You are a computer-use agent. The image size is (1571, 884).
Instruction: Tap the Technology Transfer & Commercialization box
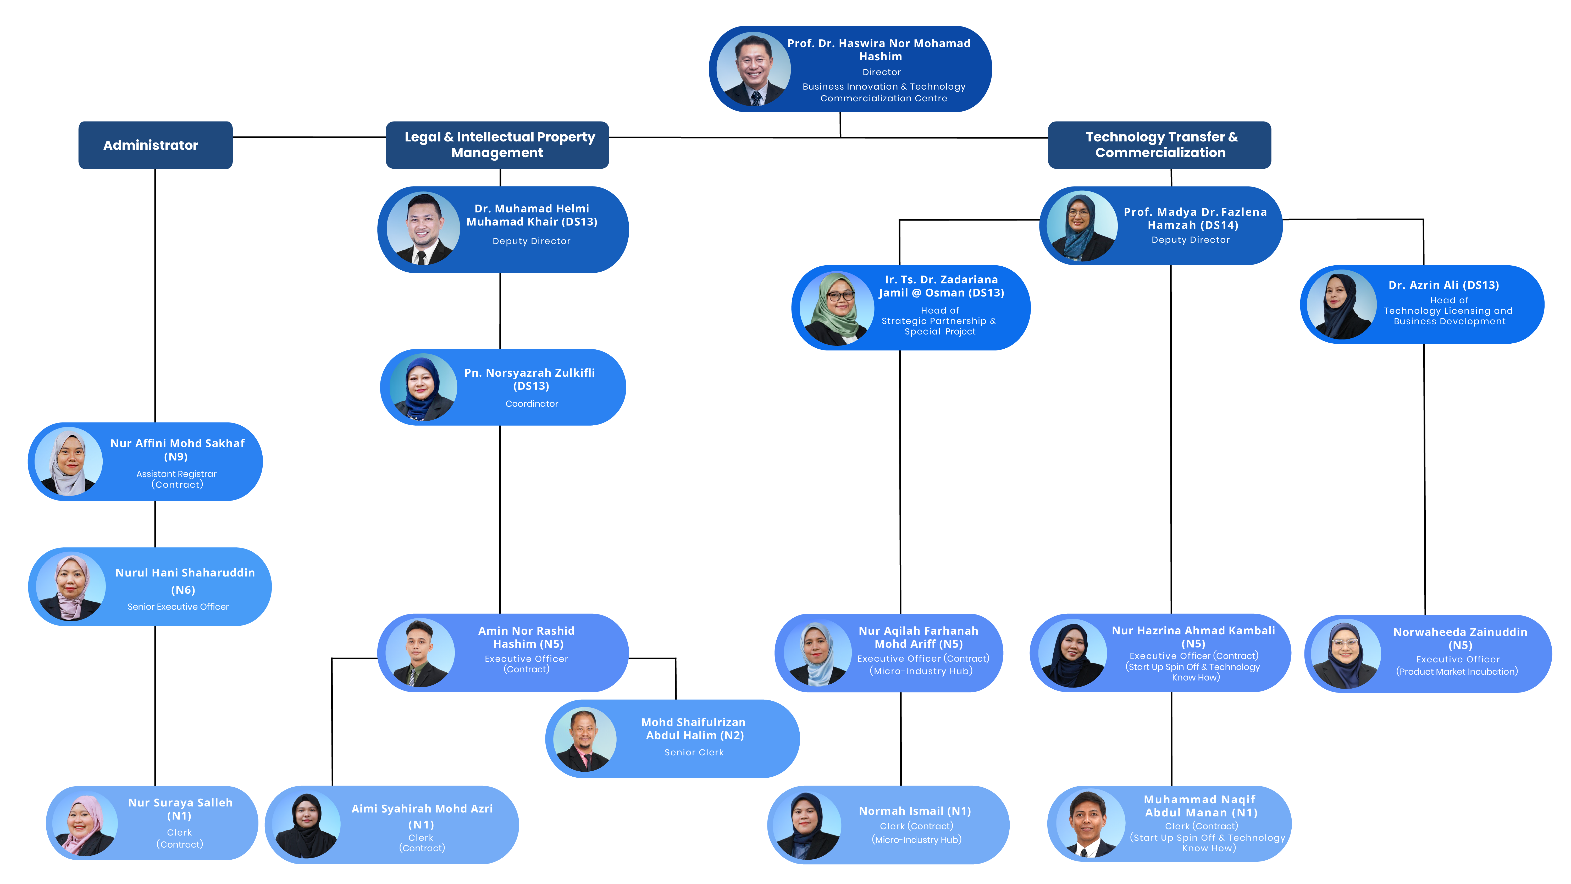coord(1159,145)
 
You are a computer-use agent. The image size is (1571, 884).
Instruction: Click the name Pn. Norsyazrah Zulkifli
coord(529,373)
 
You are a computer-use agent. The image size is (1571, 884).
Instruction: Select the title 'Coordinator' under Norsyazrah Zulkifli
coord(531,404)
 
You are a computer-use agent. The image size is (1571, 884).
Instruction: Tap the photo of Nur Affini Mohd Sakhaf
coord(69,462)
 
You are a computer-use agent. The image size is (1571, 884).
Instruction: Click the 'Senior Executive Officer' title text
coord(178,607)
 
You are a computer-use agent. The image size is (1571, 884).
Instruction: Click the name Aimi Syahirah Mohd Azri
coord(422,809)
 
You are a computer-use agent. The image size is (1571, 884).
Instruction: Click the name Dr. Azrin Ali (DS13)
coord(1443,285)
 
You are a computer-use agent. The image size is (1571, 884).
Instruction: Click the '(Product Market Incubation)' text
coord(1457,672)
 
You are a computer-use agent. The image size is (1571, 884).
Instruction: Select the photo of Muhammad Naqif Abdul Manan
coord(1090,824)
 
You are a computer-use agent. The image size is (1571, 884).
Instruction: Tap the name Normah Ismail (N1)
coord(915,811)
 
